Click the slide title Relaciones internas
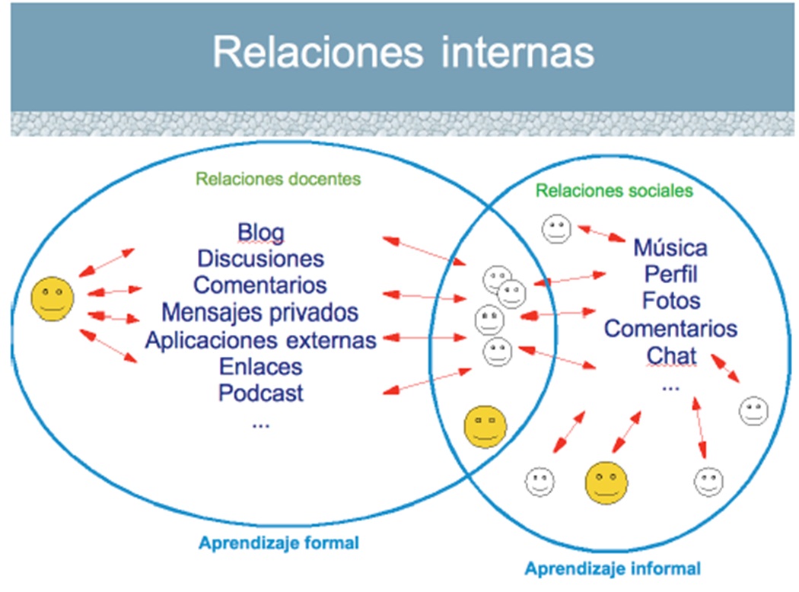click(403, 53)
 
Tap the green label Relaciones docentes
click(278, 180)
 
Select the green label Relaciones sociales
click(614, 189)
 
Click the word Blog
click(260, 231)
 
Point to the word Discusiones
click(260, 259)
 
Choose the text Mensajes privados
click(259, 312)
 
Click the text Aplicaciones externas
click(260, 339)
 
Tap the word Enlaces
click(260, 367)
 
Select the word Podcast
click(260, 393)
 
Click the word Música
click(670, 247)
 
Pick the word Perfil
click(670, 274)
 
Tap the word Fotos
click(670, 301)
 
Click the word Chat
click(671, 355)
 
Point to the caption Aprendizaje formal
click(279, 543)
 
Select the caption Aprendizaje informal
click(613, 568)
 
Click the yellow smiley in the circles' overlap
click(485, 427)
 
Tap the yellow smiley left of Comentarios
click(53, 298)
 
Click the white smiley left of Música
click(555, 229)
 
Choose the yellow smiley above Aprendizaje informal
click(606, 482)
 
